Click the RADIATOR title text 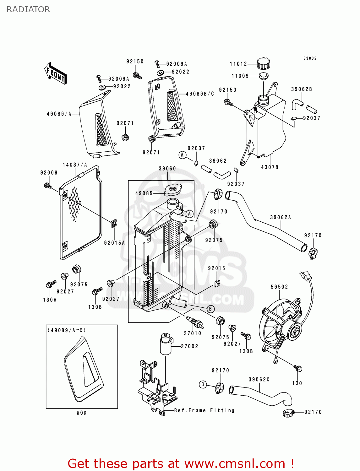click(x=28, y=9)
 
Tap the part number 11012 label click(x=238, y=64)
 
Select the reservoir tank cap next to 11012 click(x=263, y=64)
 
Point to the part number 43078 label click(x=270, y=167)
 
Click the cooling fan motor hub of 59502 click(x=295, y=331)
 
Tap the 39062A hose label click(x=281, y=217)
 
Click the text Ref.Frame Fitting click(x=204, y=410)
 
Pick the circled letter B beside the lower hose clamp click(x=203, y=384)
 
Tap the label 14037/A click(x=75, y=165)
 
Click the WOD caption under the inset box click(x=82, y=413)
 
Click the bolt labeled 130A click(x=50, y=284)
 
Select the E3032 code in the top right click(x=310, y=58)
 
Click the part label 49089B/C click(x=200, y=94)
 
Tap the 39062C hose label click(x=259, y=380)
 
